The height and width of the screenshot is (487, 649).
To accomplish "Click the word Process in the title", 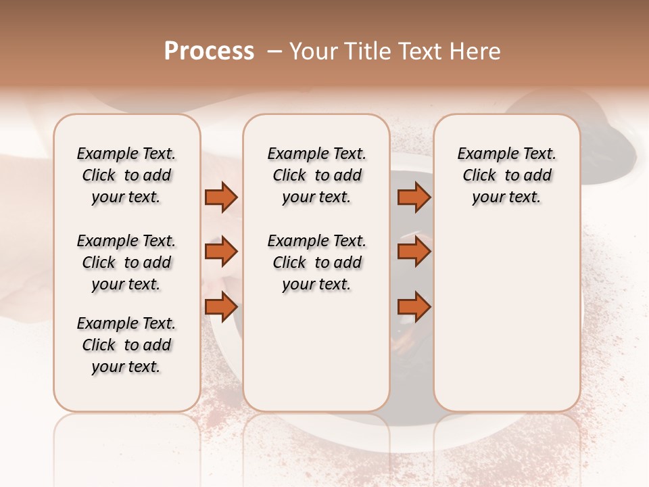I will point(209,51).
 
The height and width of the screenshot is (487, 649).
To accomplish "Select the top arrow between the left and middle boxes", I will point(221,197).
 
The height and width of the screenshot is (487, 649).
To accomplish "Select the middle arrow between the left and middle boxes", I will point(221,252).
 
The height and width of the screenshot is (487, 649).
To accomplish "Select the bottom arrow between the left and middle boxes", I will point(221,307).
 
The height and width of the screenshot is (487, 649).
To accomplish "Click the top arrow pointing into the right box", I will point(414,197).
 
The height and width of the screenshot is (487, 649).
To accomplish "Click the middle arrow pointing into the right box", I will point(414,252).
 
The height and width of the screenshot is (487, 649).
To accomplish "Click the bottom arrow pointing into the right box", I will point(414,307).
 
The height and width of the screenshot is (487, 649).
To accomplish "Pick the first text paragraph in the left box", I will point(126,175).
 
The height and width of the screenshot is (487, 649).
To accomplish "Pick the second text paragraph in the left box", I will point(126,262).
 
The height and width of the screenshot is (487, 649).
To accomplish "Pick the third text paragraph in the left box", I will point(126,345).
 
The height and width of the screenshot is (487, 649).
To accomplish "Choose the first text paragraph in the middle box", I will point(316,175).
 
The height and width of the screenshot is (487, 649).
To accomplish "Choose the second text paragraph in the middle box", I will point(316,262).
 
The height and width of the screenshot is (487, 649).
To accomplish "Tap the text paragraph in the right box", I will point(506,175).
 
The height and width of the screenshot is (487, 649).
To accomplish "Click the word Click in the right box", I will point(479,176).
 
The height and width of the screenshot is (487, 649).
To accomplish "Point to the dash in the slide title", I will point(274,51).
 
